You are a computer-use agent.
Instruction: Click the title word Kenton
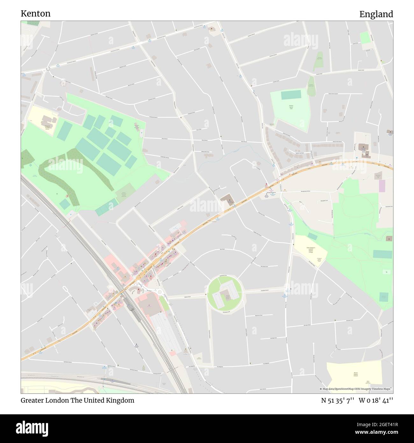point(35,14)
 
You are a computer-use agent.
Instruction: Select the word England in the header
point(376,14)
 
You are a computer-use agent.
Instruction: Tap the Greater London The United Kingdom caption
point(77,400)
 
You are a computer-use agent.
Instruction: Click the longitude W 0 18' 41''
point(376,400)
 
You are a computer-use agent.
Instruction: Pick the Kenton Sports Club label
point(291,107)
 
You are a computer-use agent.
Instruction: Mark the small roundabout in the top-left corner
point(48,69)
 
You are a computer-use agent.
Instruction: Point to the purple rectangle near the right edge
point(382,186)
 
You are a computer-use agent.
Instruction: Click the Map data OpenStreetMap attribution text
point(355,389)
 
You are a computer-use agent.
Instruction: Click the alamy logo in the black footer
point(32,428)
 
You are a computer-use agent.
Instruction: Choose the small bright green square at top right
point(365,38)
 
